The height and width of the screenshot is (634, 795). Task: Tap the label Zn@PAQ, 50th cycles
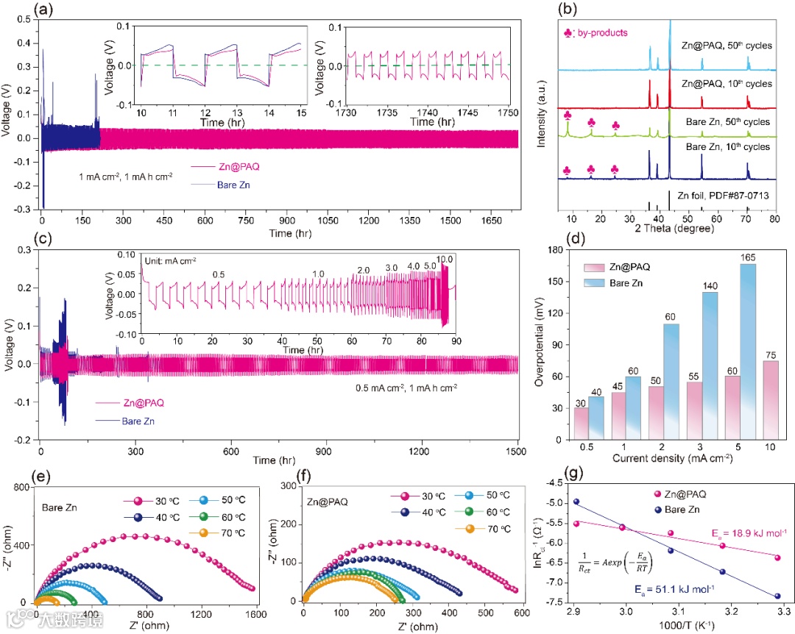pyautogui.click(x=726, y=46)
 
